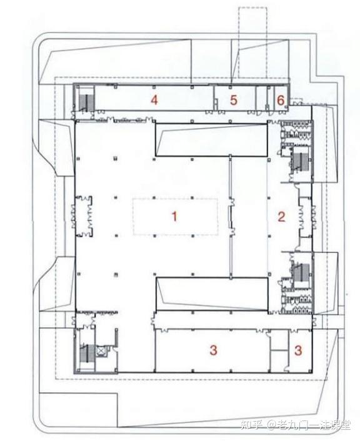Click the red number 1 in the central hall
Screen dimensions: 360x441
174,216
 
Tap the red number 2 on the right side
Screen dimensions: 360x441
281,217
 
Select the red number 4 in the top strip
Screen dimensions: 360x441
154,100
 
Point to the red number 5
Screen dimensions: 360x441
233,100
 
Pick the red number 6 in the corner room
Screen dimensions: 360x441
281,100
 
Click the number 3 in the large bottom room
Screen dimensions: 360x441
213,350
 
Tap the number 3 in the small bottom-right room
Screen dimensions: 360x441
298,350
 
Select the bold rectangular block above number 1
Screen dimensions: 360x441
211,140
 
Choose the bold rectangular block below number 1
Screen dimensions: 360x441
212,294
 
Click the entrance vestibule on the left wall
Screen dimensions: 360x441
83,216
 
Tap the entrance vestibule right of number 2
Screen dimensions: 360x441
305,217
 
